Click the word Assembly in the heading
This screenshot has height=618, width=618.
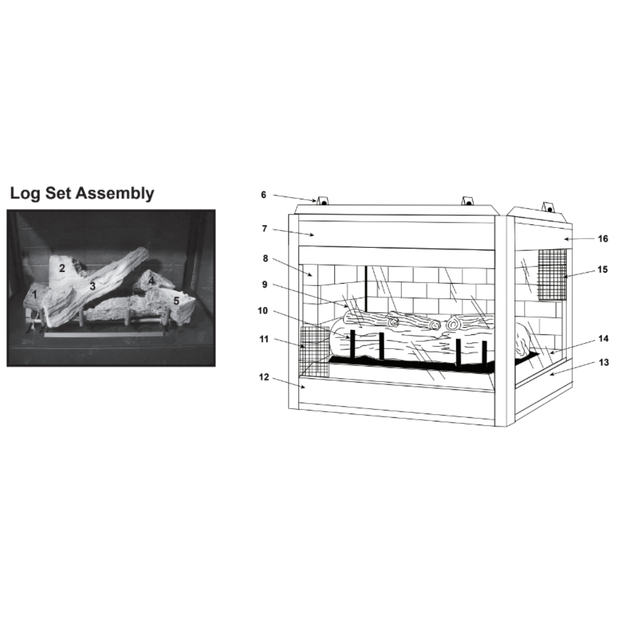click(x=115, y=194)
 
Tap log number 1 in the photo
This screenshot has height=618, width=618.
click(x=35, y=294)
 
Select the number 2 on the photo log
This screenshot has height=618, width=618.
click(x=62, y=268)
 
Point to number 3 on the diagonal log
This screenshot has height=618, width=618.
click(x=93, y=286)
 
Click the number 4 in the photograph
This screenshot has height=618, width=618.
click(x=151, y=281)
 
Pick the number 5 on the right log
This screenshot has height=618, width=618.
click(x=176, y=301)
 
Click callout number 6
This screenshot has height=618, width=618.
click(x=264, y=195)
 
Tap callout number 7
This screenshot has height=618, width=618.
click(x=265, y=229)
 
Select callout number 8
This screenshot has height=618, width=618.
click(x=265, y=258)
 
